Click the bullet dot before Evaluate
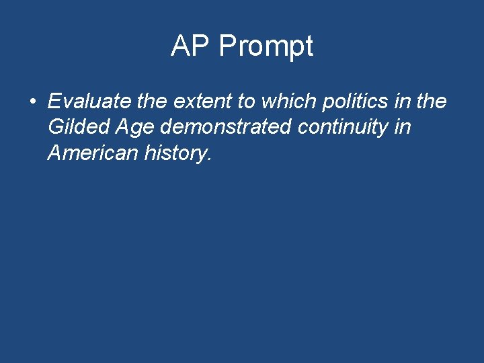(x=32, y=102)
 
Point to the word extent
(x=198, y=102)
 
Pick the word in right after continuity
(x=402, y=128)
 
